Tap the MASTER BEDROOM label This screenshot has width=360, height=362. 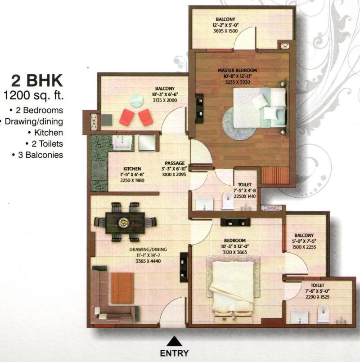point(237,70)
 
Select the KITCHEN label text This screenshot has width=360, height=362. point(132,169)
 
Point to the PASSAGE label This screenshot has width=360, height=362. point(175,163)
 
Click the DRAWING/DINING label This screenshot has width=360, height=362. point(148,249)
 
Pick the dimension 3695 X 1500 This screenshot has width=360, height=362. point(225,31)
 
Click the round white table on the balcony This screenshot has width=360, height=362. point(136,101)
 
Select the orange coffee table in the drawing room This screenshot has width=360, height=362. point(122,288)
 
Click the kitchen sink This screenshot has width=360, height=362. point(122,143)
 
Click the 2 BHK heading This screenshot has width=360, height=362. point(37,81)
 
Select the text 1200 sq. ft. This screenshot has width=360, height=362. point(33,95)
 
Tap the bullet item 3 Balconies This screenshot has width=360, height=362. point(38,155)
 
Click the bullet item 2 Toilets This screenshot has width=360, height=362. point(45,143)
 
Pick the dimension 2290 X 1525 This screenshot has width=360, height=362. point(318,297)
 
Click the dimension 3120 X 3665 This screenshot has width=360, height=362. point(235,252)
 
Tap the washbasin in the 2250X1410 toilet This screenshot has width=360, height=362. point(204,203)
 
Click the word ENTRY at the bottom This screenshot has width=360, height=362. point(175,353)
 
